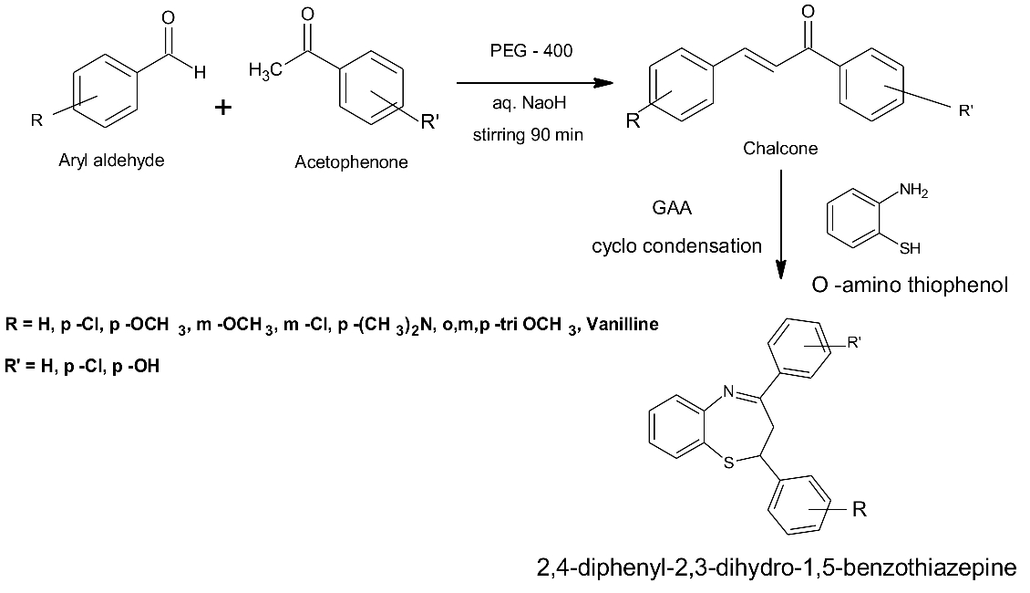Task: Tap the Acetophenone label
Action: (352, 163)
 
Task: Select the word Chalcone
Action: (780, 148)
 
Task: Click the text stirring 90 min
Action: (528, 136)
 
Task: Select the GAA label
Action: (672, 208)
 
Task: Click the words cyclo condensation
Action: (676, 245)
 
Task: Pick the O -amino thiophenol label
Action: (910, 286)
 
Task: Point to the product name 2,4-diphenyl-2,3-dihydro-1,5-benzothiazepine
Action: (777, 568)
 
